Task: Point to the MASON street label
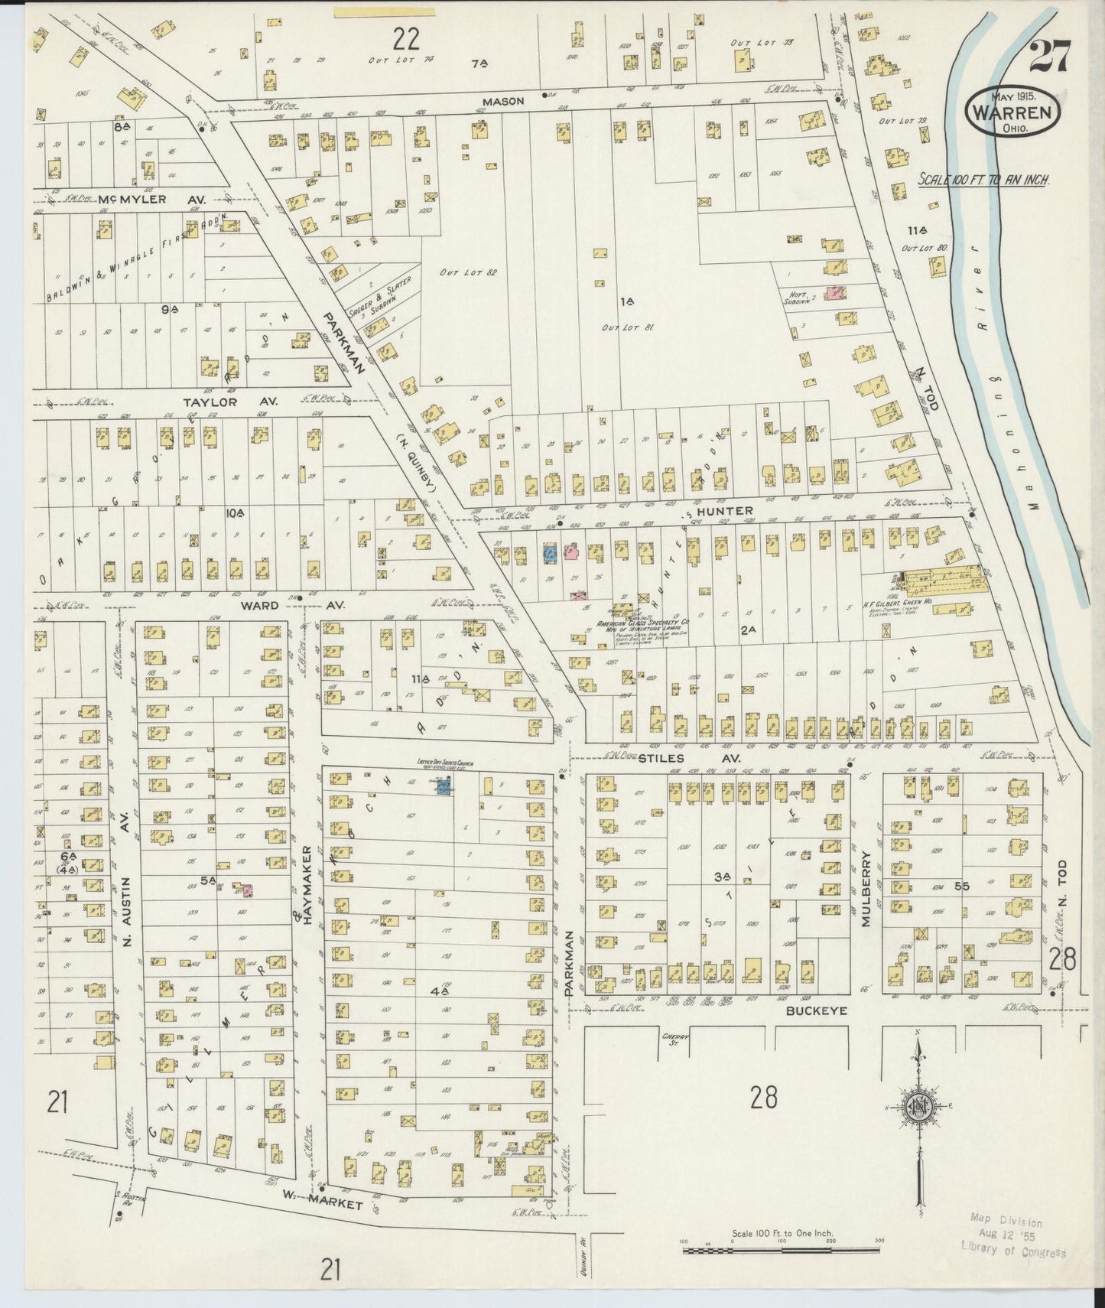(x=503, y=100)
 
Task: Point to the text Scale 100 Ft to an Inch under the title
(x=983, y=181)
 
